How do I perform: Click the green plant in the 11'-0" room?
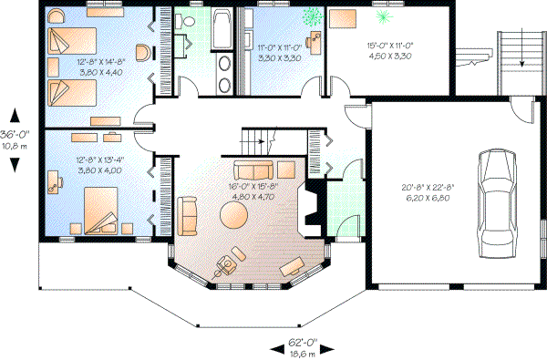tap(312, 16)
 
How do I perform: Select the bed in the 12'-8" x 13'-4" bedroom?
tap(100, 208)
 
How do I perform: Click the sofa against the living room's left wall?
tap(189, 215)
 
